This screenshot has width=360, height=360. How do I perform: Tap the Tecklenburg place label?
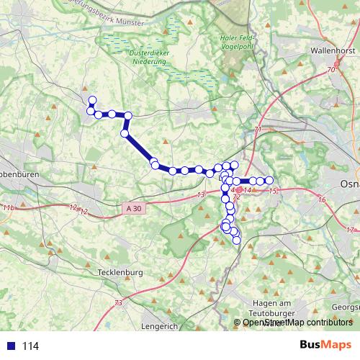coord(120,273)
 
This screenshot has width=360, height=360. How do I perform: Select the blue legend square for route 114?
coord(11,346)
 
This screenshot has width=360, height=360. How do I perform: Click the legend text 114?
coord(30,346)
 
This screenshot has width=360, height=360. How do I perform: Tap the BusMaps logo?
coord(326,346)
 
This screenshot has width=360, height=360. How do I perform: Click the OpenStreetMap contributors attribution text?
coord(297,323)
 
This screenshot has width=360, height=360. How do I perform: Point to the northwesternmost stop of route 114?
coord(91,99)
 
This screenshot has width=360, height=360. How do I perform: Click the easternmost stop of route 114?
coord(269,179)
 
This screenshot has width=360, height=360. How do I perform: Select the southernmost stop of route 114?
coord(236,240)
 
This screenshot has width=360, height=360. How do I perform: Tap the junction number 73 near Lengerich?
coord(118,303)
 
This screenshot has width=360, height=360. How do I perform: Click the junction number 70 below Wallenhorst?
coord(330,71)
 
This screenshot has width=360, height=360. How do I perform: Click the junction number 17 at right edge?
coord(351,230)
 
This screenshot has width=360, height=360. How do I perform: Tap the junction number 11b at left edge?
coord(8,207)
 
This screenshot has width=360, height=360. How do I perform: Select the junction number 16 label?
coord(321,199)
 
